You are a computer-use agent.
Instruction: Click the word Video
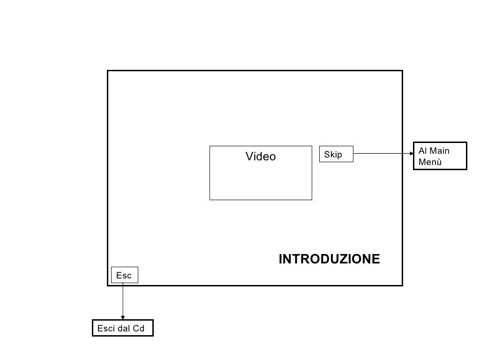click(x=261, y=157)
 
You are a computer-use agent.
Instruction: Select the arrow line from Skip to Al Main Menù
click(x=382, y=153)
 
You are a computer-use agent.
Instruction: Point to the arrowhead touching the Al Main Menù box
click(x=411, y=153)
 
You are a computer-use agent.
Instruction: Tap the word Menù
click(x=430, y=162)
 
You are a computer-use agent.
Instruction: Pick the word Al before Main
click(x=422, y=151)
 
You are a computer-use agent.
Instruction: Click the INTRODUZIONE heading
click(x=329, y=259)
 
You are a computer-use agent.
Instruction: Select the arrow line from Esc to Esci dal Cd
click(x=123, y=300)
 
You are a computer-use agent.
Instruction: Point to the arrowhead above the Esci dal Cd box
click(x=123, y=318)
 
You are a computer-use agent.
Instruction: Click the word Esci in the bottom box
click(x=105, y=329)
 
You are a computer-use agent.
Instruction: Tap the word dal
click(x=124, y=329)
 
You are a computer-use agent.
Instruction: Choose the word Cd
click(x=139, y=329)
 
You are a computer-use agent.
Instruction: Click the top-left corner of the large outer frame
click(x=108, y=71)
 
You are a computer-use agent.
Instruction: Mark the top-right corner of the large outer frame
click(x=402, y=71)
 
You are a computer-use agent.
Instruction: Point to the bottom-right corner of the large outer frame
click(x=402, y=285)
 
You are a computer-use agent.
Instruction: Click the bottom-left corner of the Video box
click(x=210, y=200)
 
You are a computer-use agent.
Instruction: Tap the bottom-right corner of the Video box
click(x=312, y=200)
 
